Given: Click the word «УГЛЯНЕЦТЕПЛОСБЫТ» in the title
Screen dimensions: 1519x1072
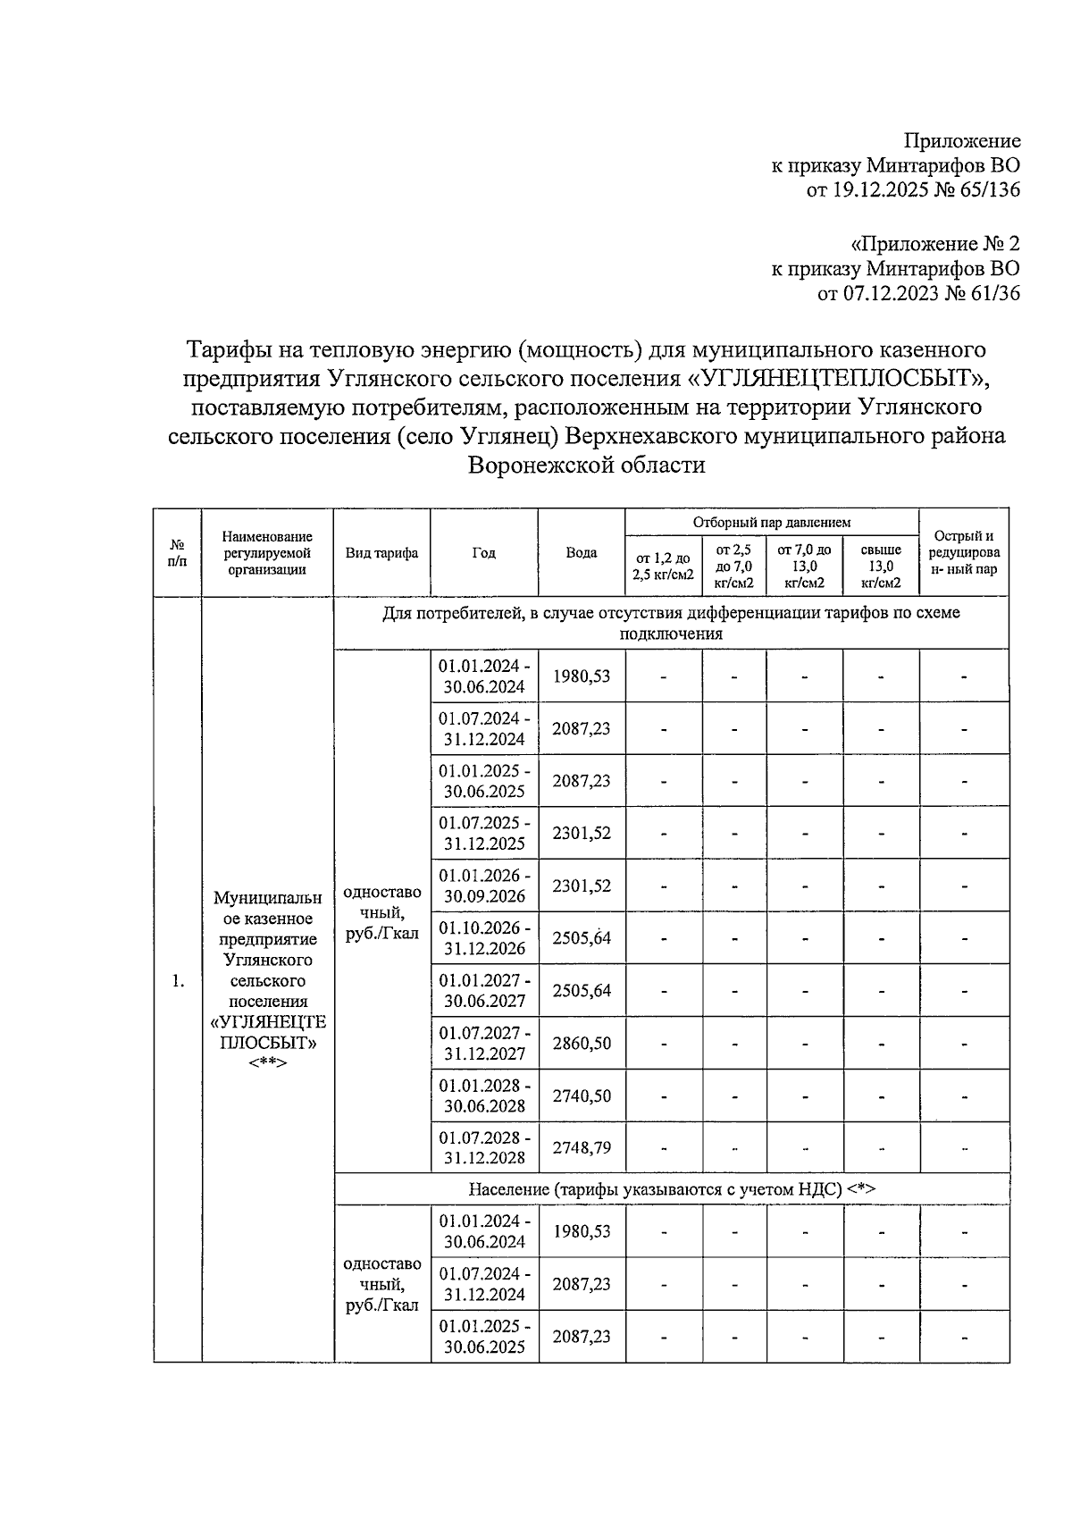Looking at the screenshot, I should [x=837, y=378].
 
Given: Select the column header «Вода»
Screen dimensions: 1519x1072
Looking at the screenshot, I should [x=581, y=552].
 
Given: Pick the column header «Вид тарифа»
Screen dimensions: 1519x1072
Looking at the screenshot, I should [x=381, y=552].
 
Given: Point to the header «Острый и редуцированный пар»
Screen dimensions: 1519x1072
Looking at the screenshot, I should [x=963, y=552].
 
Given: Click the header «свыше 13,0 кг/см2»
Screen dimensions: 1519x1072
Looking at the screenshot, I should [x=880, y=566].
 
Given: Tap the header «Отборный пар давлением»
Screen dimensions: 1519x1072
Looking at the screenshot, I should [x=771, y=522].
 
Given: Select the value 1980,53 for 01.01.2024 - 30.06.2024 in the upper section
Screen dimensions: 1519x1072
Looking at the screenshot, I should [x=581, y=676].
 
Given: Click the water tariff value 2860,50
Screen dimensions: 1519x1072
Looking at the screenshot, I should [x=581, y=1044].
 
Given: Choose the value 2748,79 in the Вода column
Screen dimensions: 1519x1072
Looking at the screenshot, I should [x=581, y=1147].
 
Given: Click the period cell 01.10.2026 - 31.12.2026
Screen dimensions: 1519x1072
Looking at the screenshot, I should [x=484, y=938].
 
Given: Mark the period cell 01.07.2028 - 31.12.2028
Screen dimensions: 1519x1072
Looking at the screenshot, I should [x=484, y=1147].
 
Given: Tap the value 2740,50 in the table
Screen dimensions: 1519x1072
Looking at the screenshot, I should [x=581, y=1095].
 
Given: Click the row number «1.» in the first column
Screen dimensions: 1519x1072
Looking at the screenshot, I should [x=178, y=981].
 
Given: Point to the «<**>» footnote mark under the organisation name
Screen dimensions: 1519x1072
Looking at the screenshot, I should [x=267, y=1063].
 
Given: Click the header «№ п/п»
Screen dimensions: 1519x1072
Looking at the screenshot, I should [x=178, y=552].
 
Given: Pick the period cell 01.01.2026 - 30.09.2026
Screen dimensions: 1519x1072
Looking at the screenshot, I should [x=484, y=885].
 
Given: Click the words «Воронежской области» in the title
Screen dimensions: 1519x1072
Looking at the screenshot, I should [x=587, y=465].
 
